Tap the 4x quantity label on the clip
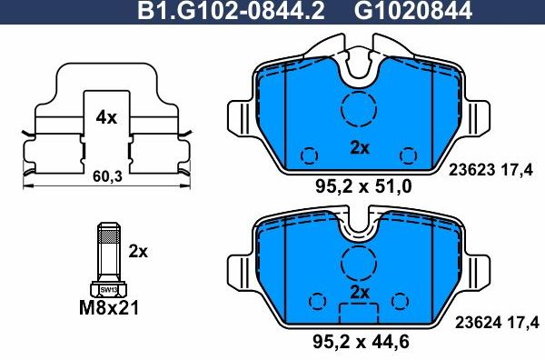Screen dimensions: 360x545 pos(106,116)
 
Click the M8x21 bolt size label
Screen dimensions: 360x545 pos(107,308)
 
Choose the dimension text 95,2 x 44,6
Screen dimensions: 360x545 pos(362,343)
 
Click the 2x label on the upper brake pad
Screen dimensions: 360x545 pos(361,148)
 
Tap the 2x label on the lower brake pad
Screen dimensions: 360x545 pos(361,292)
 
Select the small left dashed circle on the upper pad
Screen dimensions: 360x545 pos(310,154)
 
